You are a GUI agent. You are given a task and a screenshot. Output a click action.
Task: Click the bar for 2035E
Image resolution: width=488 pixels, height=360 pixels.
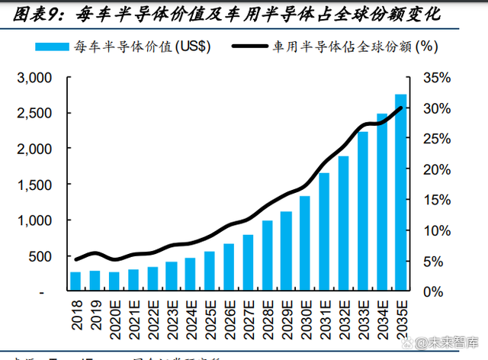coord(400,192)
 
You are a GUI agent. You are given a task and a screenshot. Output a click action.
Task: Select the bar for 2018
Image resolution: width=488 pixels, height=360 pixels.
coord(75,281)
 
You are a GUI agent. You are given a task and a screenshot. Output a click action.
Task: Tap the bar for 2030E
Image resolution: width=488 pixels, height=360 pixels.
coord(305,243)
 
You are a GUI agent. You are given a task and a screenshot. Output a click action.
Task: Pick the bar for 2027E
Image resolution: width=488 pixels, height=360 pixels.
coord(248,262)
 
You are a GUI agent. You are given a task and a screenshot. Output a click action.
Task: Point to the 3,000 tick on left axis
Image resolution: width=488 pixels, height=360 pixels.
coord(34,78)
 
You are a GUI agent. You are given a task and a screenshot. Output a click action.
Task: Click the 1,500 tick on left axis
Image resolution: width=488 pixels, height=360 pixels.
coord(34,185)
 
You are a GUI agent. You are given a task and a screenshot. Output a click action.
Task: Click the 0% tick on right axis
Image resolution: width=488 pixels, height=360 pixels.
coord(433,291)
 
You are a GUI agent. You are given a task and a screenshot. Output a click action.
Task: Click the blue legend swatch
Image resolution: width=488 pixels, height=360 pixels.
coord(53,46)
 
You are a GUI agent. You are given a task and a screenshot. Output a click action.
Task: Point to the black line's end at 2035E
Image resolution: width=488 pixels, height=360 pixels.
coord(402,108)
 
